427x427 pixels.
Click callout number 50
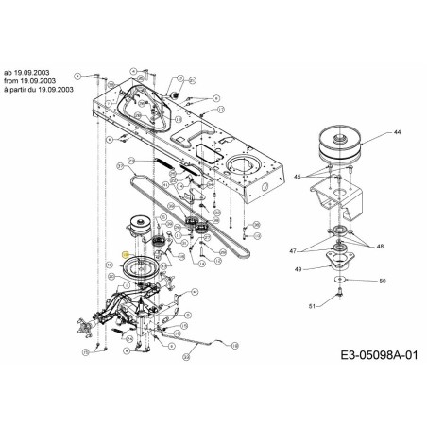tap(383, 282)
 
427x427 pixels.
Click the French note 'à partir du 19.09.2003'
tap(38, 87)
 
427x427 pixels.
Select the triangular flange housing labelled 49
tap(338, 260)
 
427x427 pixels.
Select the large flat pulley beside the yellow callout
tap(143, 269)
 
